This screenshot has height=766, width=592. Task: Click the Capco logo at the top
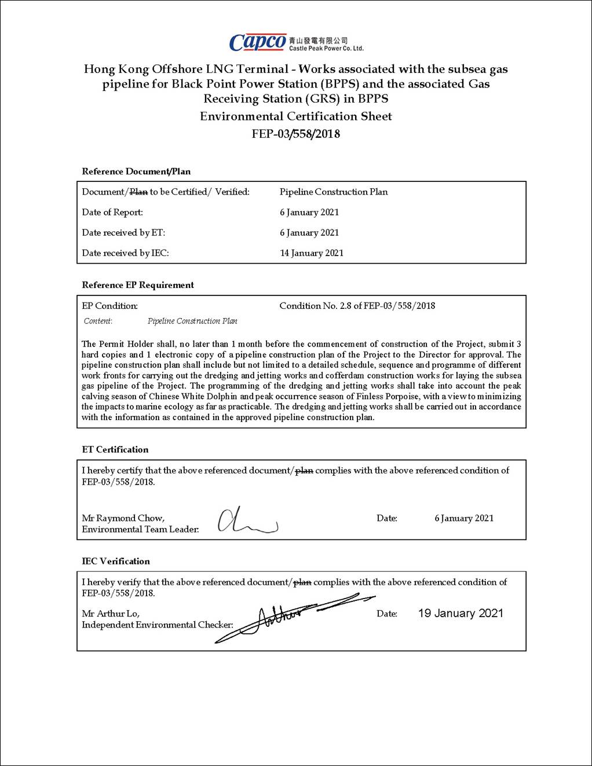(x=258, y=42)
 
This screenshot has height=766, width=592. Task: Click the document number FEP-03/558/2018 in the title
(x=295, y=134)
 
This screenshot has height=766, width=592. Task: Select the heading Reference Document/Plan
(x=136, y=172)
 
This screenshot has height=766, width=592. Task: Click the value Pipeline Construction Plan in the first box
(x=334, y=192)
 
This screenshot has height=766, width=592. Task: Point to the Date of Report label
(x=112, y=212)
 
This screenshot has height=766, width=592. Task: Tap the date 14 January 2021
(x=312, y=253)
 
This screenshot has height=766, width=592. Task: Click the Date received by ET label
(x=123, y=232)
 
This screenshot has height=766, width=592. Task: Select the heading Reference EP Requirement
(x=138, y=285)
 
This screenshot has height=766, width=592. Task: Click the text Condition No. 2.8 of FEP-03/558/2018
(x=357, y=305)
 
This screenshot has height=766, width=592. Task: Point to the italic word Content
(x=98, y=321)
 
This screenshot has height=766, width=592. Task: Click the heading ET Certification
(x=115, y=450)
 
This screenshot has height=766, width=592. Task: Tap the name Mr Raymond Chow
(x=123, y=518)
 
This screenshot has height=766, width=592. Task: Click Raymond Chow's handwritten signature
(x=247, y=520)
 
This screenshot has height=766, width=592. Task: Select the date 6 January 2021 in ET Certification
(x=464, y=518)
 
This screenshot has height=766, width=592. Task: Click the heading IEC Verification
(x=116, y=561)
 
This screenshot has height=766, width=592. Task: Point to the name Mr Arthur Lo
(x=111, y=614)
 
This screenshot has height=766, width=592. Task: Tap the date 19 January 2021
(x=461, y=614)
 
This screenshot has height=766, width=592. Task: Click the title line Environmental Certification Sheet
(x=295, y=116)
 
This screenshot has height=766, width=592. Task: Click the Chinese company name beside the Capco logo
(x=318, y=40)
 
